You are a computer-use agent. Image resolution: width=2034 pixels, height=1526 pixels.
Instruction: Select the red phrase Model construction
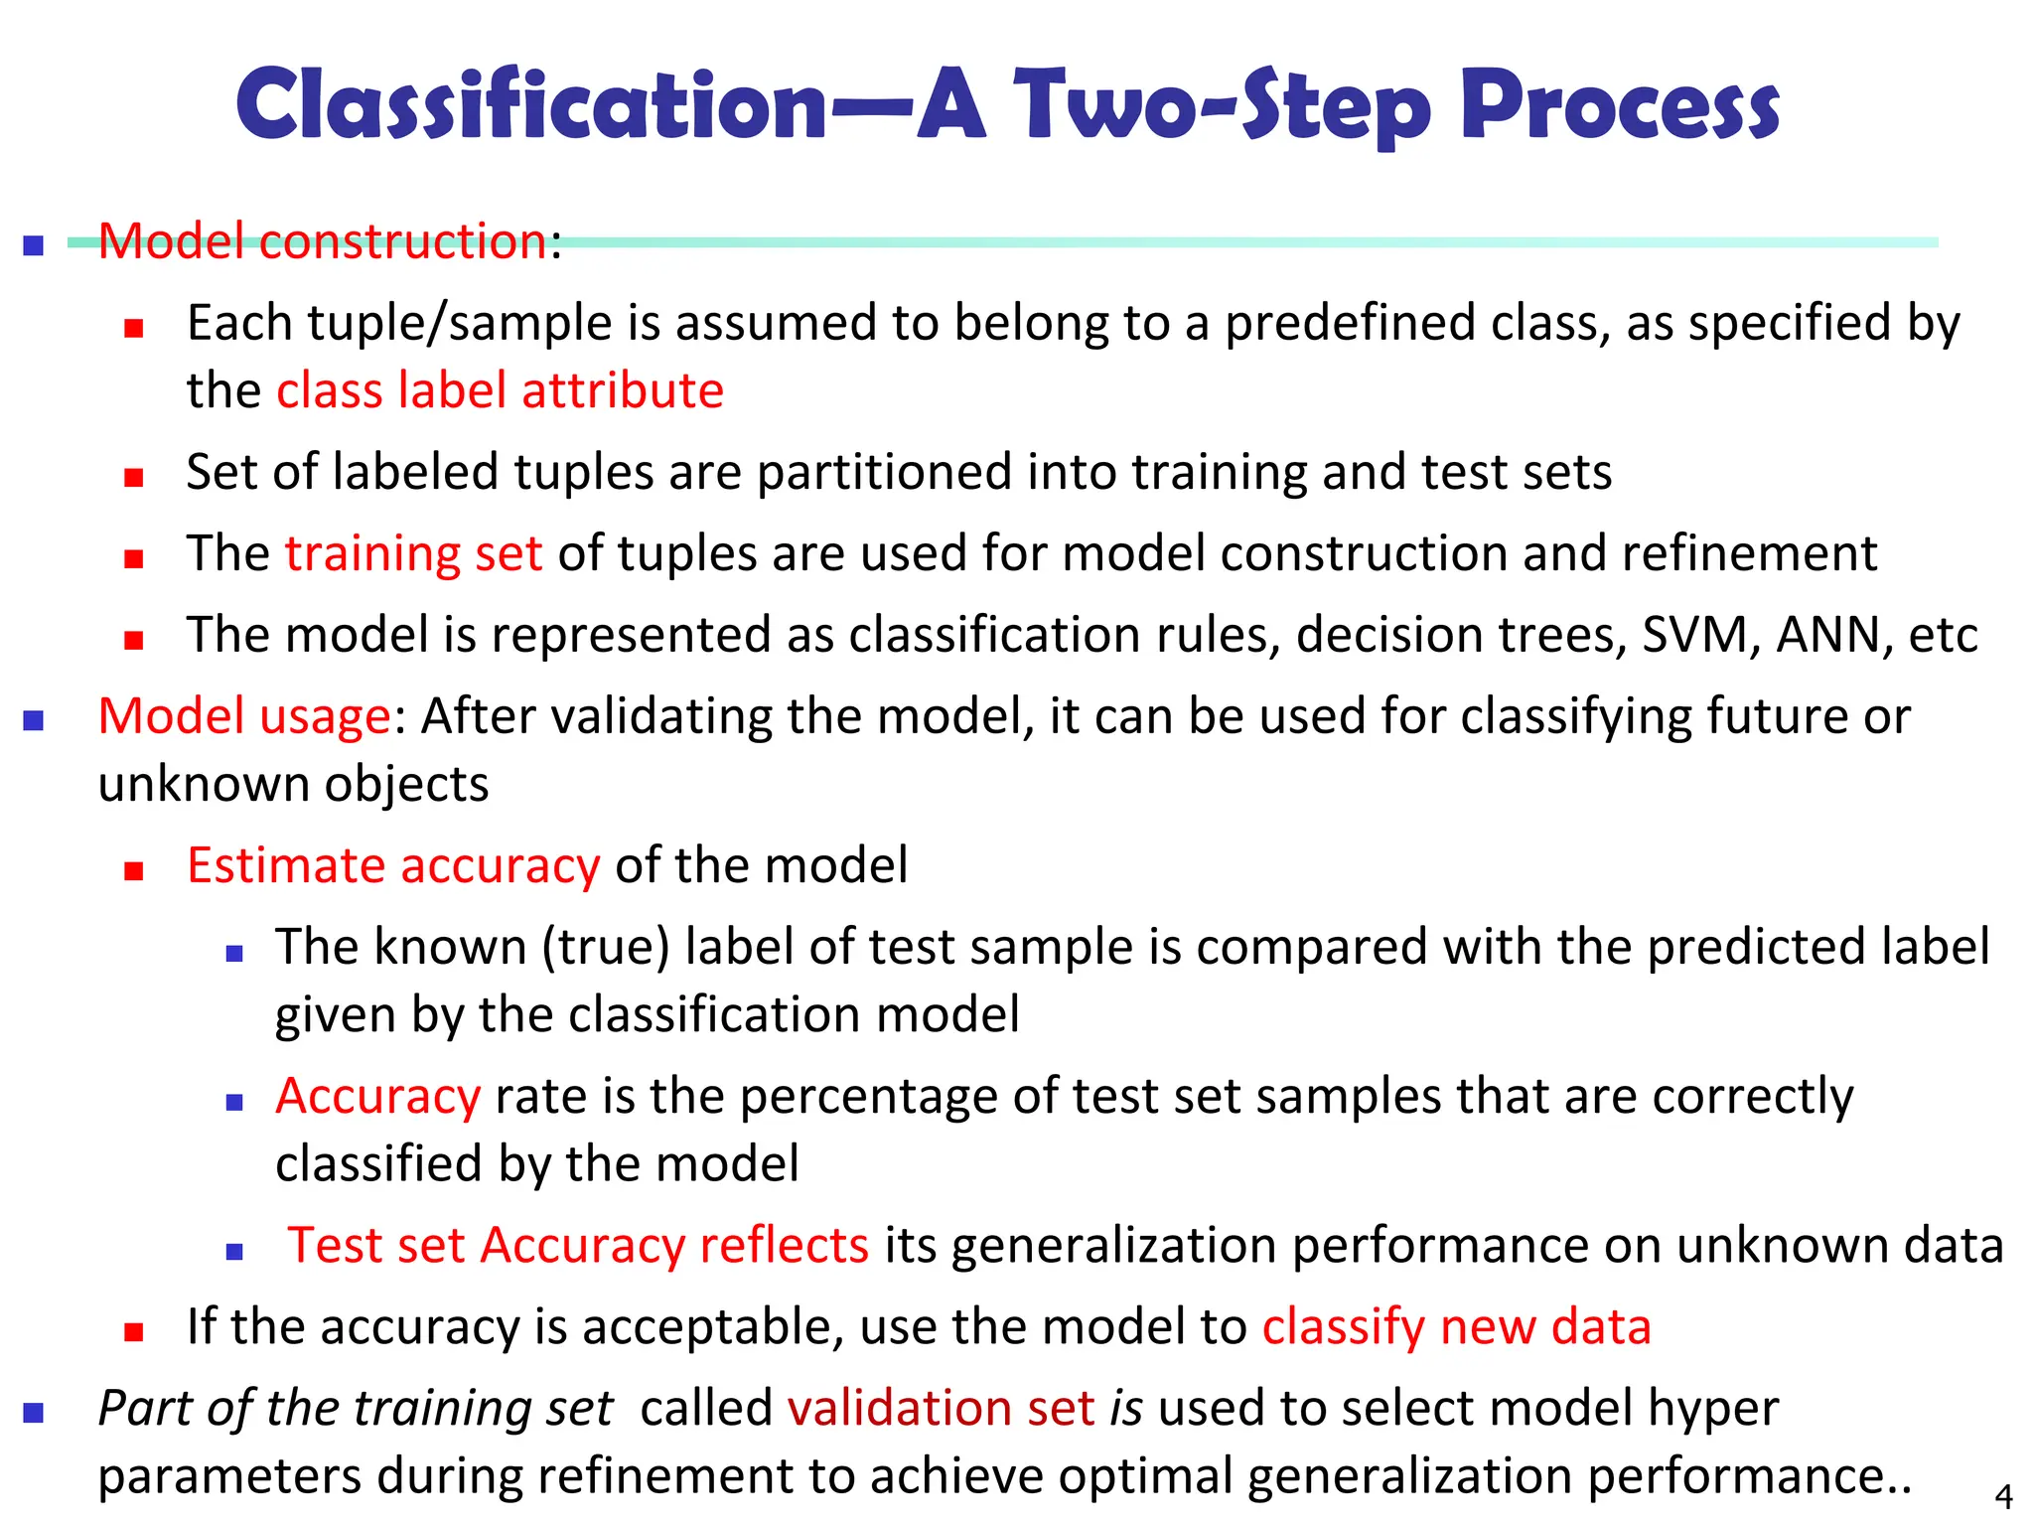coord(323,241)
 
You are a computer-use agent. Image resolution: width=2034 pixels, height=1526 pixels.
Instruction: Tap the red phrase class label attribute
coord(500,390)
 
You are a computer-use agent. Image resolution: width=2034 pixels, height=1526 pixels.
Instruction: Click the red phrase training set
coord(413,553)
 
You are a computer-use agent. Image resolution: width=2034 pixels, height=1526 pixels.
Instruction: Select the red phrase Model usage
coord(244,716)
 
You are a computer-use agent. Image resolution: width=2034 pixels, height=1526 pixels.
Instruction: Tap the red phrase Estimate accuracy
coord(393,865)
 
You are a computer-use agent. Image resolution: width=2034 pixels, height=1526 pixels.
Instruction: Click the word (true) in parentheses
coord(606,947)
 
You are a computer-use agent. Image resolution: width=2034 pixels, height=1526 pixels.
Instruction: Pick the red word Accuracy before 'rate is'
coord(378,1096)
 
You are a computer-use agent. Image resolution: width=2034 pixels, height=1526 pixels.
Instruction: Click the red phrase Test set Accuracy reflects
coord(578,1245)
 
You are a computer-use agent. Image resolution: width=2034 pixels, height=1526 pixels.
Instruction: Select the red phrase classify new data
coord(1456,1326)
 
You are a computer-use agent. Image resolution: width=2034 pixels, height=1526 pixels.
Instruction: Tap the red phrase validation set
coord(941,1408)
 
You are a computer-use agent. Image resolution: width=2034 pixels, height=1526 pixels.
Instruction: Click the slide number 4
coord(2003,1496)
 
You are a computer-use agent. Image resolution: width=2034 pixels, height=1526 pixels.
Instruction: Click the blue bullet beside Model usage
coord(34,720)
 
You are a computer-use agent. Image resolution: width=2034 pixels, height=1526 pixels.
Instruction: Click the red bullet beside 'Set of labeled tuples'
coord(134,478)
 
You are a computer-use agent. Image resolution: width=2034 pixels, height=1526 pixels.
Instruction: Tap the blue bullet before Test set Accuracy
coord(234,1252)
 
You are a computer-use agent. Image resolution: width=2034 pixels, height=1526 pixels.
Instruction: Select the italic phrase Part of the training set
coord(356,1408)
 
